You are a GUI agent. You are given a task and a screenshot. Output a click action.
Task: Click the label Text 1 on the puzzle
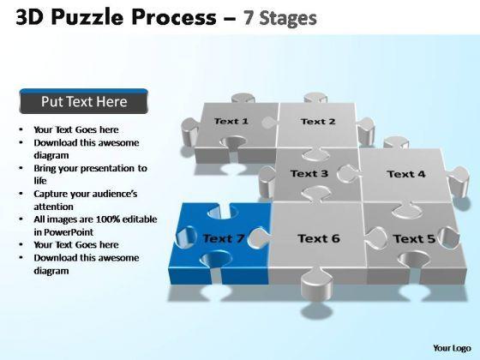click(231, 121)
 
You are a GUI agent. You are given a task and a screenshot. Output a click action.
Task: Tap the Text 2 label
click(318, 122)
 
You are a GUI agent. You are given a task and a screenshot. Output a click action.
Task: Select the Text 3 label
click(309, 173)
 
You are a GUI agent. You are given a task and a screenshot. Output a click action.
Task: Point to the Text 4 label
click(406, 174)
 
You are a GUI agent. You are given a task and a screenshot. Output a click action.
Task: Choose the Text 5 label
click(414, 239)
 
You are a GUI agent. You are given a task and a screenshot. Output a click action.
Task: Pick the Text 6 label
click(319, 238)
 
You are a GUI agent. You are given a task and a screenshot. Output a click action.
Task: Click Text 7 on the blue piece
click(224, 238)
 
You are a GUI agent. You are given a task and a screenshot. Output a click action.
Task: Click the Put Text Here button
click(84, 101)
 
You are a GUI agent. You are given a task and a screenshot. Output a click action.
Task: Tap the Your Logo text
click(452, 348)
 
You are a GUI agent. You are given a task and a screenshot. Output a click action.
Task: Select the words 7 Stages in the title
click(280, 18)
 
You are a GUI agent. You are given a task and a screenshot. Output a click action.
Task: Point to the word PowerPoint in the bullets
click(69, 232)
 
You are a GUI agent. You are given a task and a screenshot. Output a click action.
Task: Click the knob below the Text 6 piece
click(317, 284)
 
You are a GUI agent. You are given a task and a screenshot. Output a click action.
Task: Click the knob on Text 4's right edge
click(459, 181)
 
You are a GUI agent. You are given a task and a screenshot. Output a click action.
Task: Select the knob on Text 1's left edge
click(190, 132)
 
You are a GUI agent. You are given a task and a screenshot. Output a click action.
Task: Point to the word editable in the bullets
click(140, 219)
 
